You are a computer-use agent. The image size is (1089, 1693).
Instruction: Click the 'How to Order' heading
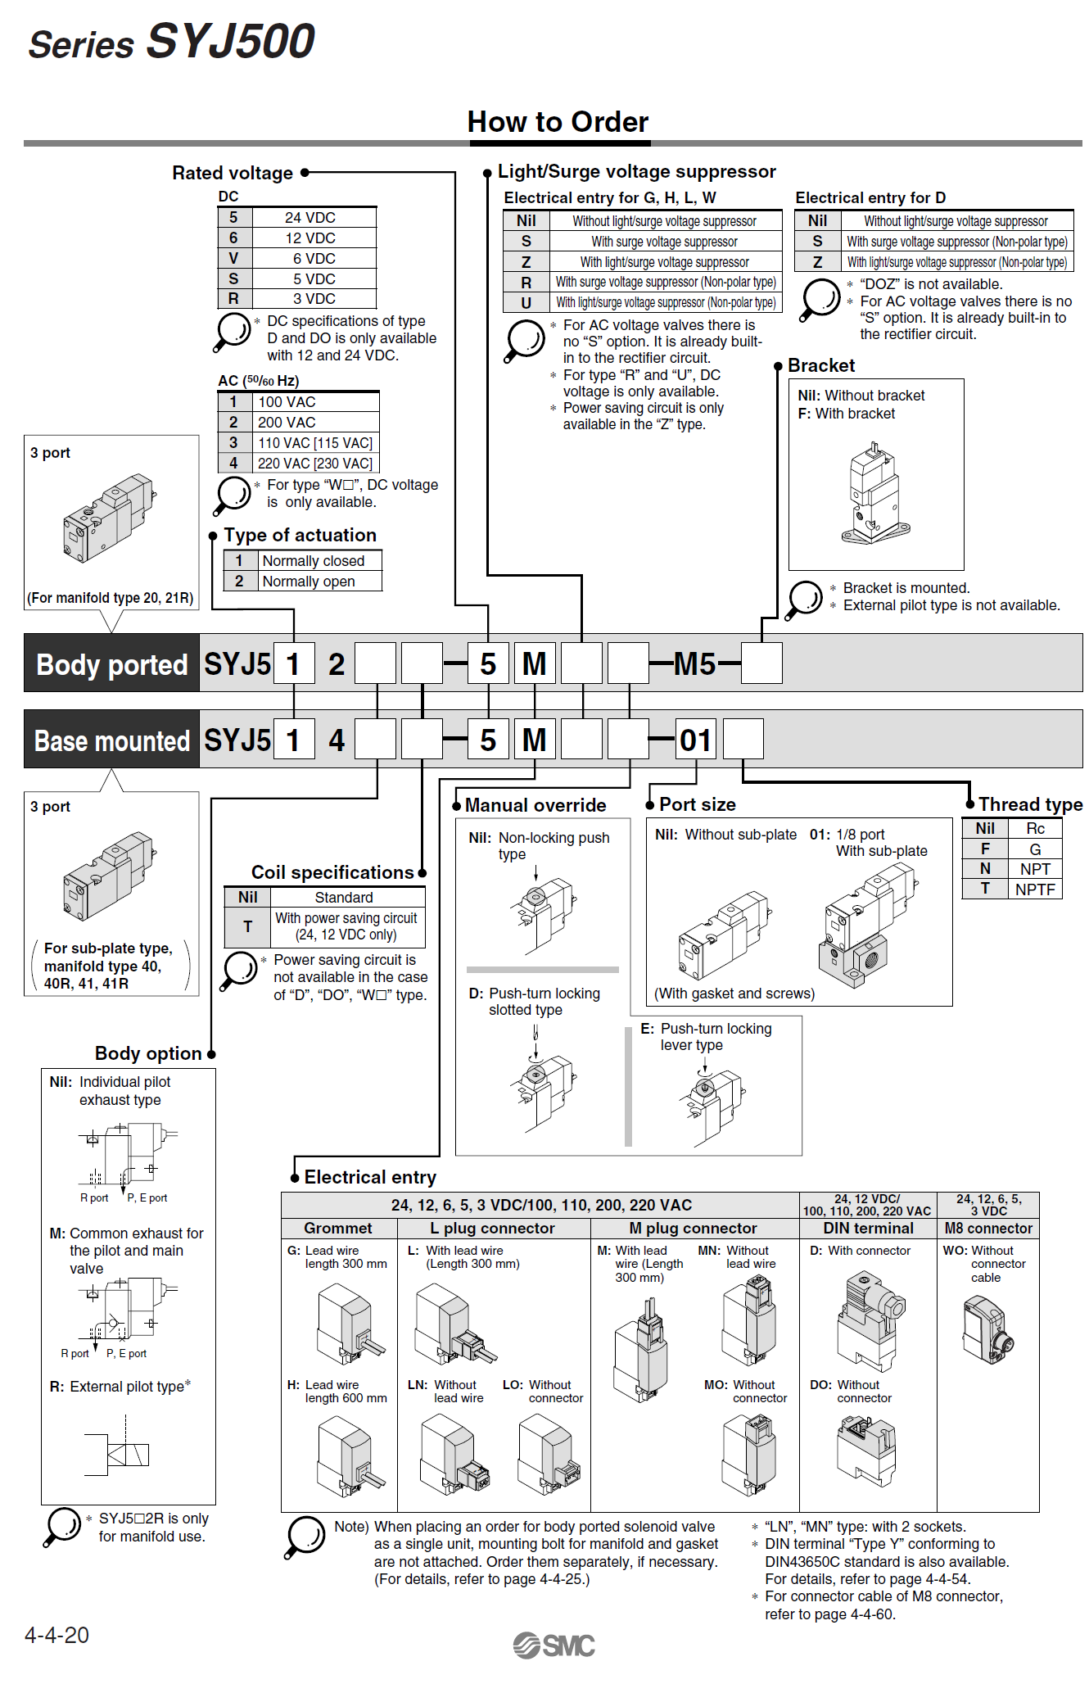click(x=558, y=122)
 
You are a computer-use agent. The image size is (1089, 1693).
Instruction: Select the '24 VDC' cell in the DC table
click(x=310, y=218)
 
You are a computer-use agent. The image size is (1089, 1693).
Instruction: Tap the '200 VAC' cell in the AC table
click(x=287, y=423)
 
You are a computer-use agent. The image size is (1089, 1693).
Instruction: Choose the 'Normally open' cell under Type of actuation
click(x=309, y=582)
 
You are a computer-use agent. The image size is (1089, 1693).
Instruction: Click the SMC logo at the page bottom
click(x=554, y=1645)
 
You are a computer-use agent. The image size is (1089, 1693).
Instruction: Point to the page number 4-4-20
click(x=56, y=1635)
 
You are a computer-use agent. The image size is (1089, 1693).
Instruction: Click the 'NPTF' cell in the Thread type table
click(x=1035, y=890)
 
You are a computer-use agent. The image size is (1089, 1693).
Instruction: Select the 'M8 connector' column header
click(x=987, y=1229)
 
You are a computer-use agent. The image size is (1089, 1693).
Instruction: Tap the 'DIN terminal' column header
click(x=868, y=1229)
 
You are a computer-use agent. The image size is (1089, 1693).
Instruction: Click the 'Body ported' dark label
click(x=112, y=664)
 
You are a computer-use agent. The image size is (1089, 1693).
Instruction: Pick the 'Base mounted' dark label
click(x=112, y=740)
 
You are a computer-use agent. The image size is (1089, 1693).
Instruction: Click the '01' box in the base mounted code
click(x=696, y=740)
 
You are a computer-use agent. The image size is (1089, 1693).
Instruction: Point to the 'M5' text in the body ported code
click(x=694, y=664)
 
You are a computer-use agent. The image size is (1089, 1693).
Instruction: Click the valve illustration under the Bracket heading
click(x=874, y=495)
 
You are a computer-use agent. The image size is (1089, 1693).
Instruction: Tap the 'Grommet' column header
click(x=337, y=1229)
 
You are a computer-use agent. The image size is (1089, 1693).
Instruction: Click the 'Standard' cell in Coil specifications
click(x=344, y=898)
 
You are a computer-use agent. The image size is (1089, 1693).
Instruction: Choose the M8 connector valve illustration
click(x=988, y=1328)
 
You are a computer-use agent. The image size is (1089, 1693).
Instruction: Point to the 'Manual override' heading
click(x=535, y=805)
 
